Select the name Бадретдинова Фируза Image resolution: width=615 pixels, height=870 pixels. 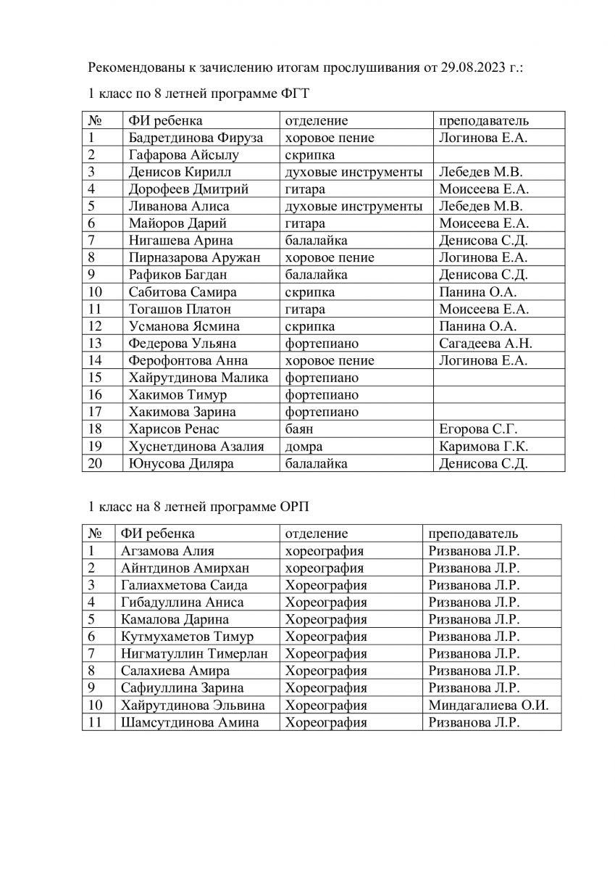[x=195, y=137]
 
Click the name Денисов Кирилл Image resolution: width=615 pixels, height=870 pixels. [x=172, y=172]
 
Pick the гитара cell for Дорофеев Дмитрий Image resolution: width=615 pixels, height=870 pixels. [x=305, y=189]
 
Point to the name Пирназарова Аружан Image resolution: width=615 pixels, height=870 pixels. [x=193, y=257]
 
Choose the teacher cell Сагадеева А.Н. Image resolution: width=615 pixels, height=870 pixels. [x=485, y=343]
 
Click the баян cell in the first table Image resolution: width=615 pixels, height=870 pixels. [x=298, y=429]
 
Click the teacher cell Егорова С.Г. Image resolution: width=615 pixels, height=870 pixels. [x=478, y=429]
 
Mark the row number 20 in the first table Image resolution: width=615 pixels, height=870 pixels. [x=96, y=463]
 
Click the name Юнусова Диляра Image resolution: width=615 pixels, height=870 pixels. [x=180, y=463]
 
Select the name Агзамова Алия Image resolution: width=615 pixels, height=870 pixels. [x=167, y=551]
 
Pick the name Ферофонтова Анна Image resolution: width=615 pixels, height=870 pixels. [x=188, y=360]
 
